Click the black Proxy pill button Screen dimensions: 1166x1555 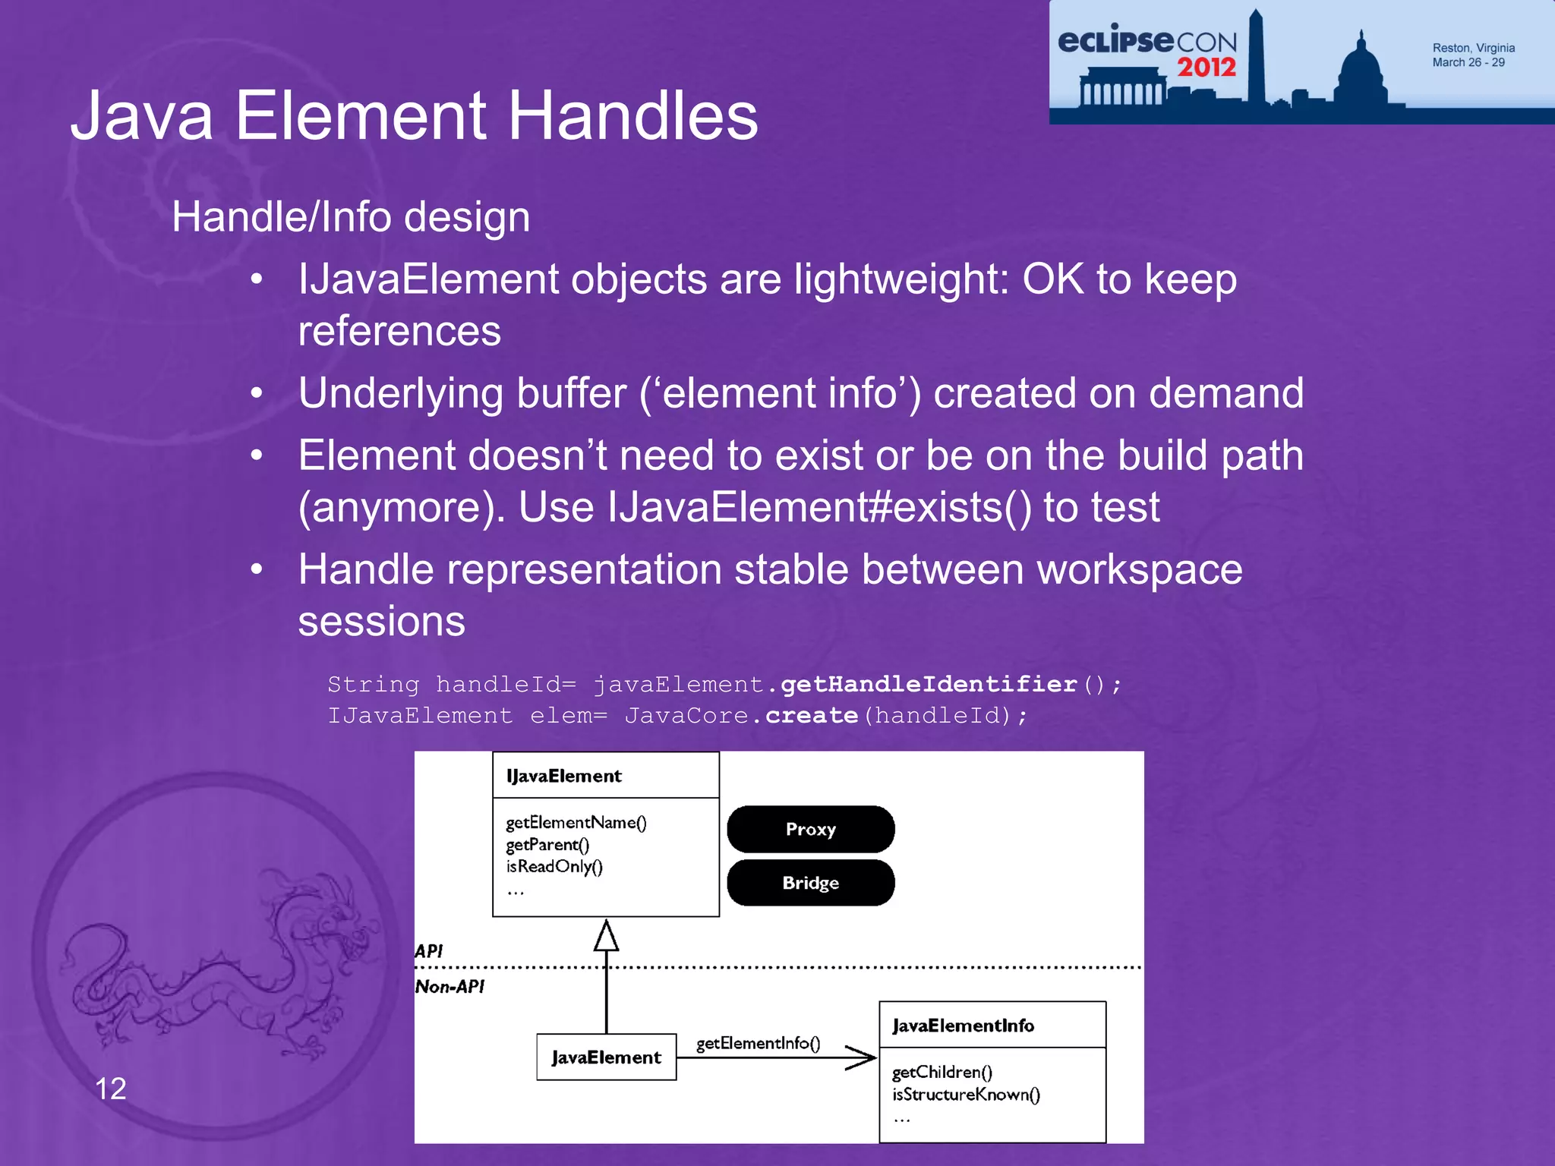point(810,829)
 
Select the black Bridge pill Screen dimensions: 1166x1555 point(810,883)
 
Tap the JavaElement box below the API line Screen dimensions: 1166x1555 point(606,1057)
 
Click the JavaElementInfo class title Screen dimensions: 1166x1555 point(963,1026)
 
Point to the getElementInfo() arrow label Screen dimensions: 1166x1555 point(758,1043)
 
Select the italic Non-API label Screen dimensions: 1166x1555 point(449,987)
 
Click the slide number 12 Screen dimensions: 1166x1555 point(110,1089)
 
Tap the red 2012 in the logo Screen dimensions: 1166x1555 point(1206,68)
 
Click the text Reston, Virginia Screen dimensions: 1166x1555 point(1473,48)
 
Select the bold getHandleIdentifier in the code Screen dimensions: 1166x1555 point(929,684)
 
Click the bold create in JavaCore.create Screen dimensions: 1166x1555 point(811,715)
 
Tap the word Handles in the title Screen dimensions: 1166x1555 point(632,116)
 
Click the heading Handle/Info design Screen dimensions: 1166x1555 point(351,217)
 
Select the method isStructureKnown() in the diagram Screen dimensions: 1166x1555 point(966,1094)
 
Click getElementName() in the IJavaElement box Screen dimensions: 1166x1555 point(576,822)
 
